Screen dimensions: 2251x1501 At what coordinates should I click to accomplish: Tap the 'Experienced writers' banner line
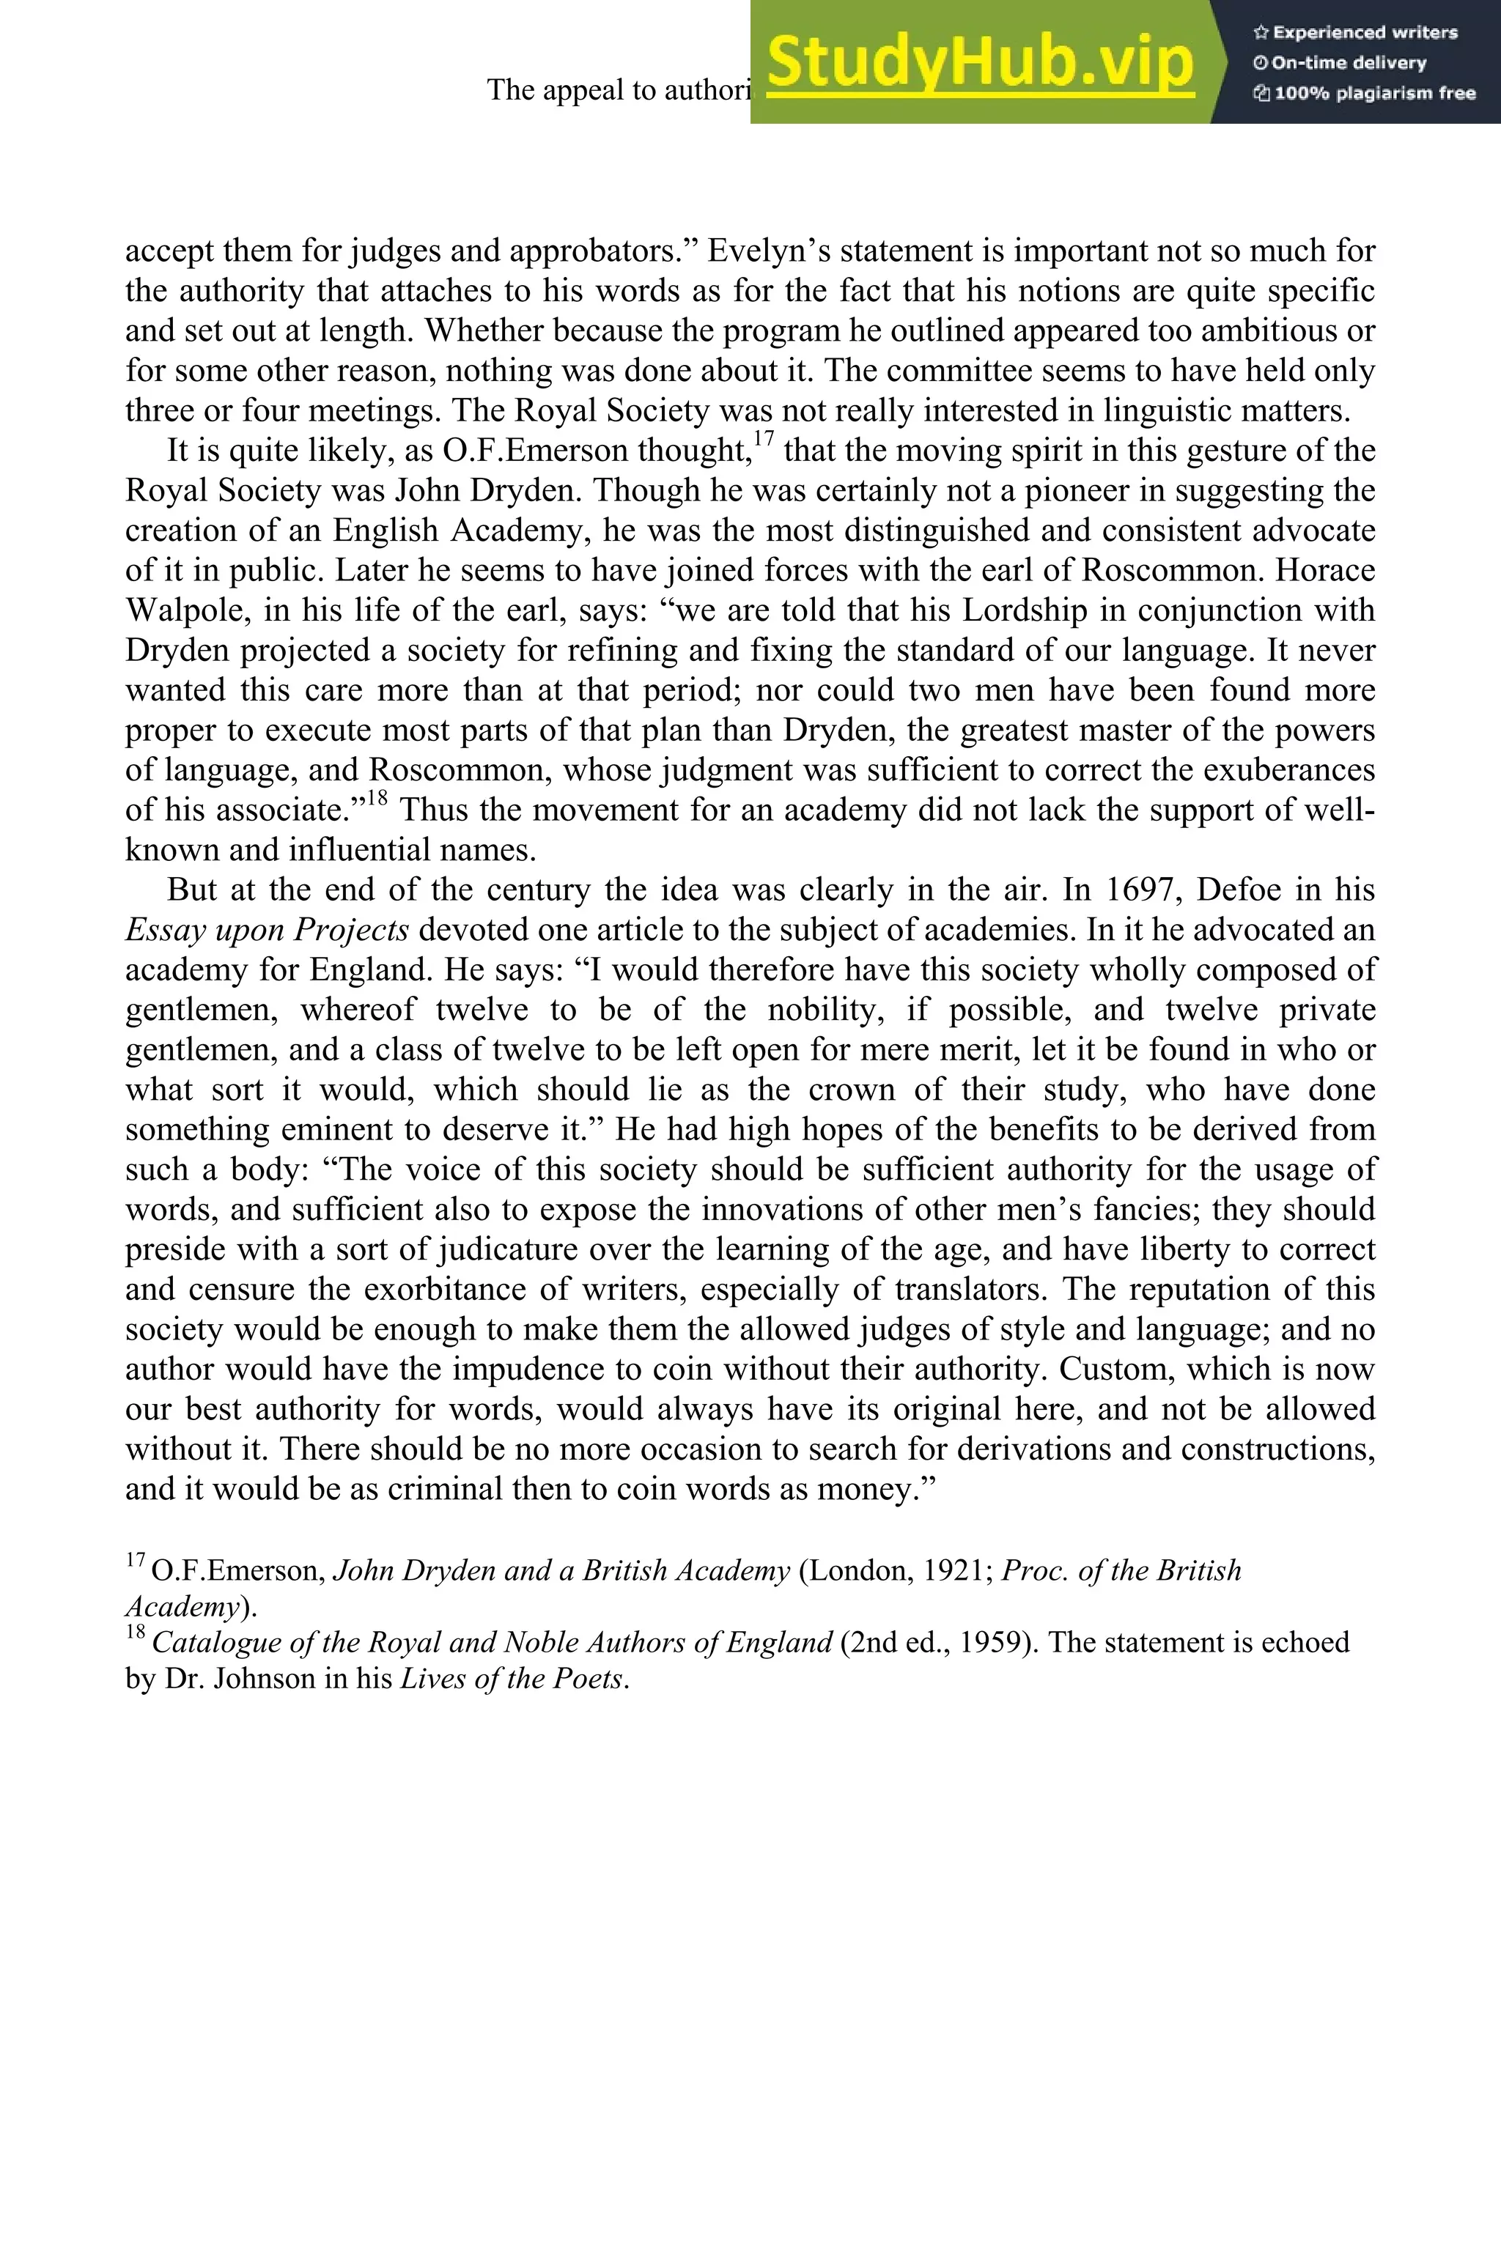point(1355,32)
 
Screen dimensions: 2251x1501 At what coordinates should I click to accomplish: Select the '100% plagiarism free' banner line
point(1365,94)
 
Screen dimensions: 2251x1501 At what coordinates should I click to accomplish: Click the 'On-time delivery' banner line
point(1340,63)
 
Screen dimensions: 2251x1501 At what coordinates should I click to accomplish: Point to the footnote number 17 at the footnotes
point(135,1562)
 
